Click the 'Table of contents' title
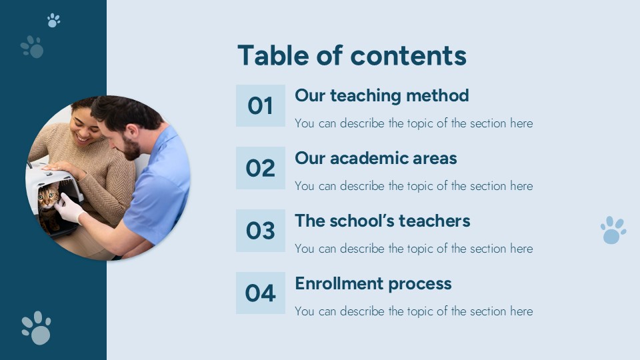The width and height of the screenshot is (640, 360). coord(351,55)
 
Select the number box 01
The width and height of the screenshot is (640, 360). coord(260,105)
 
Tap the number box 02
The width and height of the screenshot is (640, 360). coord(260,168)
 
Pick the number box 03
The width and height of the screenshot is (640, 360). coord(260,231)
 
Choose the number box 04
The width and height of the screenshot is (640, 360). coord(260,293)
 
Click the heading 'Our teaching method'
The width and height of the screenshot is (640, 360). coord(382,95)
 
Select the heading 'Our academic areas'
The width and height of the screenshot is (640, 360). coord(376,158)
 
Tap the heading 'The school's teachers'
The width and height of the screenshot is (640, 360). coord(383,221)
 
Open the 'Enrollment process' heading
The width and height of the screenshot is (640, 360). coord(373,283)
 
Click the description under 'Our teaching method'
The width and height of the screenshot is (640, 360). coord(413,123)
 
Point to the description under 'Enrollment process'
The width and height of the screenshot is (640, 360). coord(413,311)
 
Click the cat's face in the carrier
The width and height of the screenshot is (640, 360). coord(48,197)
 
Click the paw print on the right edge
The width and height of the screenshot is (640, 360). coord(613,230)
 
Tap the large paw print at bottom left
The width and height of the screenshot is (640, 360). coord(37,327)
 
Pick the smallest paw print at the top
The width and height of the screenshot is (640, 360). coord(53,20)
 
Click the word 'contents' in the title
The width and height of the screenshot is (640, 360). coord(409,55)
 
